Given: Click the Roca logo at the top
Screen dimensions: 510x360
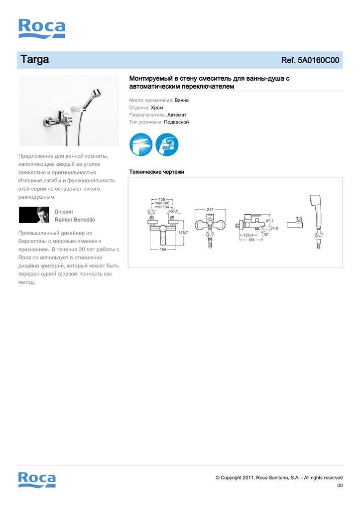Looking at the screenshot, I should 42,29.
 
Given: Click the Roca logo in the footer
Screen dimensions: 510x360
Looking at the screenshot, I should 37,479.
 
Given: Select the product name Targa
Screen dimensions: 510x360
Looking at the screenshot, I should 34,60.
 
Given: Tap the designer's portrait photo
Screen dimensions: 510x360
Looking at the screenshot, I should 34,215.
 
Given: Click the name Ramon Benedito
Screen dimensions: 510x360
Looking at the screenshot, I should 75,220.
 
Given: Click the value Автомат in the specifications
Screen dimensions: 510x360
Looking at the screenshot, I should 177,115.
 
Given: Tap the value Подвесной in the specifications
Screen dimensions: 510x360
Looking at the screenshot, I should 176,122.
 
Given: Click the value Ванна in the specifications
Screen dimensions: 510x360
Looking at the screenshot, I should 182,100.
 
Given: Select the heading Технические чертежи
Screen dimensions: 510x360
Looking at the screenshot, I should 157,172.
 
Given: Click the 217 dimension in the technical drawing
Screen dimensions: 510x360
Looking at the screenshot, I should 210,210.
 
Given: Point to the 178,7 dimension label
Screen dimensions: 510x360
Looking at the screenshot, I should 183,233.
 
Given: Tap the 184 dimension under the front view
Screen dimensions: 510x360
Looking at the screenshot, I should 163,249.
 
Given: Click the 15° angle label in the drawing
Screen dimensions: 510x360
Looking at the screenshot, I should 266,235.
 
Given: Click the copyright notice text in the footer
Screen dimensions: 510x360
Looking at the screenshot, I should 279,478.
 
